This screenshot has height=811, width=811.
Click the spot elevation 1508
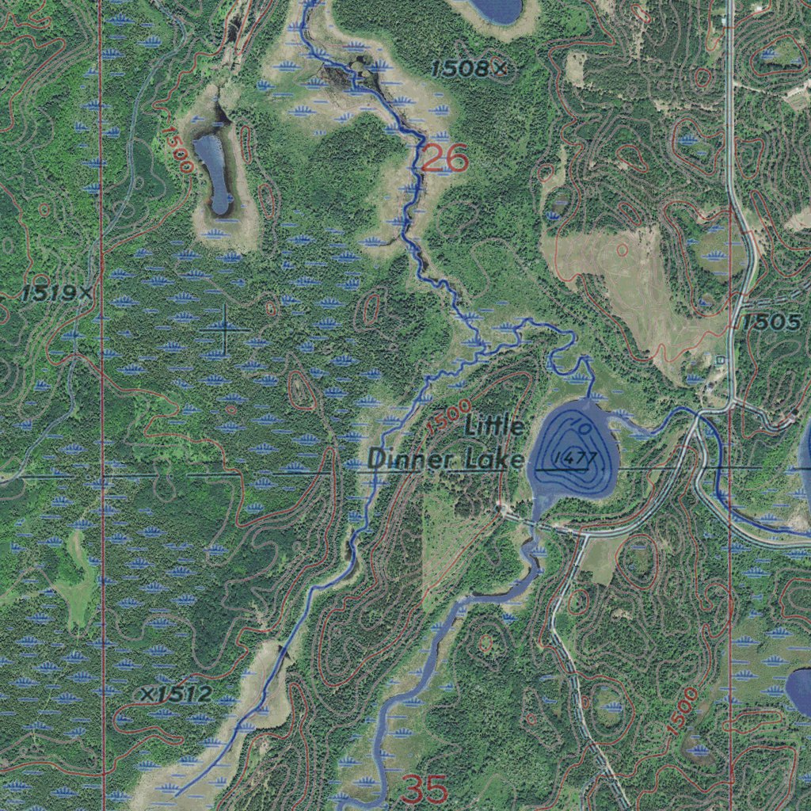pyautogui.click(x=462, y=70)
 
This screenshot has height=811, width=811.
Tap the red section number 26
pyautogui.click(x=444, y=159)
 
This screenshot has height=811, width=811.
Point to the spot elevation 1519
pyautogui.click(x=50, y=294)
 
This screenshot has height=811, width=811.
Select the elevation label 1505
pyautogui.click(x=771, y=322)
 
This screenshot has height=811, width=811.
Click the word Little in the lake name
pyautogui.click(x=494, y=428)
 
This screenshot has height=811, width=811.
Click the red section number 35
pyautogui.click(x=425, y=789)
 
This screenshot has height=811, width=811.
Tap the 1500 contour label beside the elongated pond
pyautogui.click(x=177, y=149)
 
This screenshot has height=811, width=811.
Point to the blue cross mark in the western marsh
pyautogui.click(x=224, y=328)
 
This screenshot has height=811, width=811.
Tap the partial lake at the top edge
pyautogui.click(x=496, y=10)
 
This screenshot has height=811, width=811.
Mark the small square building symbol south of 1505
pyautogui.click(x=719, y=360)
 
